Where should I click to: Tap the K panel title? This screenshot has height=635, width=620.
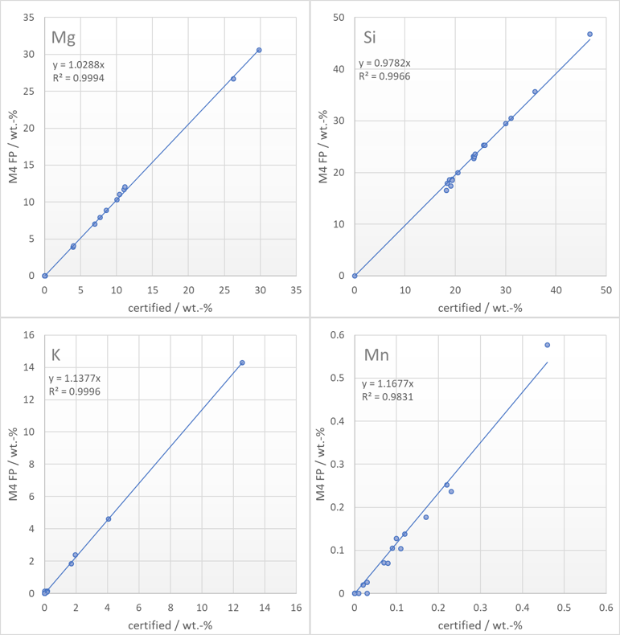click(56, 354)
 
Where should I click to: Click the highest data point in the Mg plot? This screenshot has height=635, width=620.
click(259, 50)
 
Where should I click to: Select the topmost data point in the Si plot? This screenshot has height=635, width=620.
click(589, 35)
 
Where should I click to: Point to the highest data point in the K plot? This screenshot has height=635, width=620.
click(242, 363)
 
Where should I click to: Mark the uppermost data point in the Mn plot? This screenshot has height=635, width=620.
click(547, 345)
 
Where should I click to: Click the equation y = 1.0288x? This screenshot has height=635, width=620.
click(79, 65)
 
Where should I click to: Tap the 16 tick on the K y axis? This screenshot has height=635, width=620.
click(29, 334)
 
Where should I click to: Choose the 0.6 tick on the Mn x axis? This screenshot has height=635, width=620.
click(606, 608)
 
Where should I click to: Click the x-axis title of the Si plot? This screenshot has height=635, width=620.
click(480, 308)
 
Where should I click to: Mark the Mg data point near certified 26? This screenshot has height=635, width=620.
click(233, 79)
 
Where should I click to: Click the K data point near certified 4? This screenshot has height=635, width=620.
click(109, 519)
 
